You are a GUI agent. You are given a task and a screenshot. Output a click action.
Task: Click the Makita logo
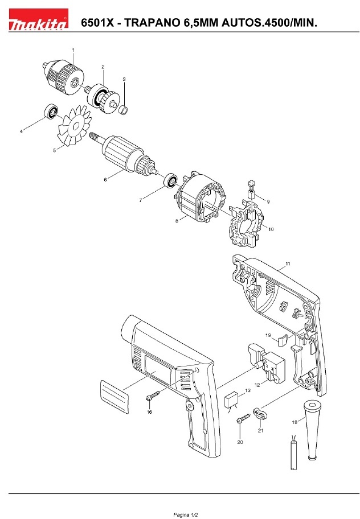[x=38, y=20]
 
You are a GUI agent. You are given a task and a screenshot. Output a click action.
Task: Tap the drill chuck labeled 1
[x=63, y=77]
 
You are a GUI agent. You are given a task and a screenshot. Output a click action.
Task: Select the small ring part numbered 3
[x=123, y=110]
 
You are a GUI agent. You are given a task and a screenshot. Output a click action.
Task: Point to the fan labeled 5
[x=75, y=125]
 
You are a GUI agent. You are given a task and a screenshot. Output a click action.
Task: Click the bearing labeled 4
[x=52, y=112]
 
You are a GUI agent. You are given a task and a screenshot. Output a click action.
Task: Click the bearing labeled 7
[x=171, y=181]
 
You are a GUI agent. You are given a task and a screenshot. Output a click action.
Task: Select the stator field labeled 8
[x=199, y=203]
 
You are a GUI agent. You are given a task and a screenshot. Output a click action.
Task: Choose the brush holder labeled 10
[x=247, y=224]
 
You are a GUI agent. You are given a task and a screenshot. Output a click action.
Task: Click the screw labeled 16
[x=153, y=396]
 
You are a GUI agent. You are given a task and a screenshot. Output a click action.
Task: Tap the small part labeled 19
[x=282, y=340]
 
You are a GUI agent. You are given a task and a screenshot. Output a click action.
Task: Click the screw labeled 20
[x=243, y=418]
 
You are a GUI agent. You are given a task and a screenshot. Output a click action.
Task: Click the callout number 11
[x=288, y=263]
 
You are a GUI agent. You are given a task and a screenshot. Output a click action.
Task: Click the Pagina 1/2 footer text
[x=186, y=514]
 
